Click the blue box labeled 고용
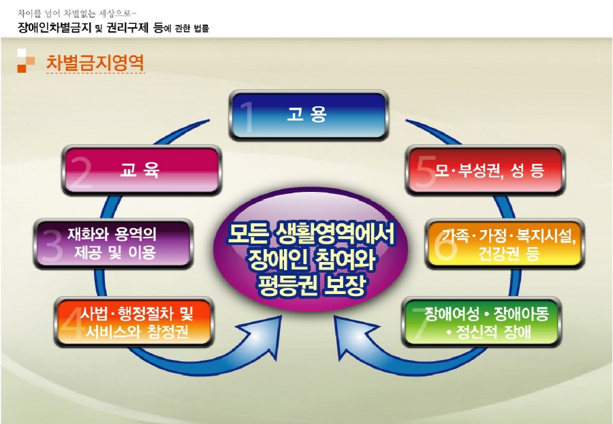click(308, 116)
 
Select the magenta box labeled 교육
click(142, 171)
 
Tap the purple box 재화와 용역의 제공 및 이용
click(113, 244)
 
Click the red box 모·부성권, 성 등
click(486, 171)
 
